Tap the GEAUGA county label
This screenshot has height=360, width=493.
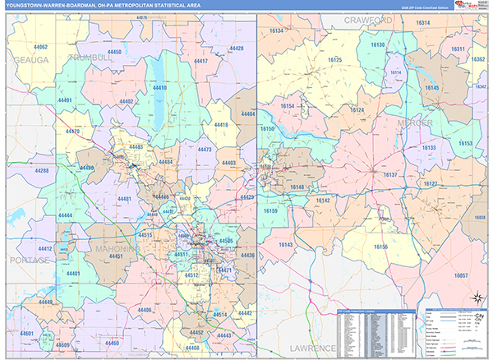[30, 61]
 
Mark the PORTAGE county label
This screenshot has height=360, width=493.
[27, 260]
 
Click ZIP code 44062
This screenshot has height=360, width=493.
[40, 48]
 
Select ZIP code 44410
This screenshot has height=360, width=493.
[159, 88]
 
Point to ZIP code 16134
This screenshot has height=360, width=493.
[277, 31]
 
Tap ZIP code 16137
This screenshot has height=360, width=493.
[390, 175]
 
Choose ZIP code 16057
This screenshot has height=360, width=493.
[461, 275]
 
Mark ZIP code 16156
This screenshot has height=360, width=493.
[380, 247]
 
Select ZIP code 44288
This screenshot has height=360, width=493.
[42, 170]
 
